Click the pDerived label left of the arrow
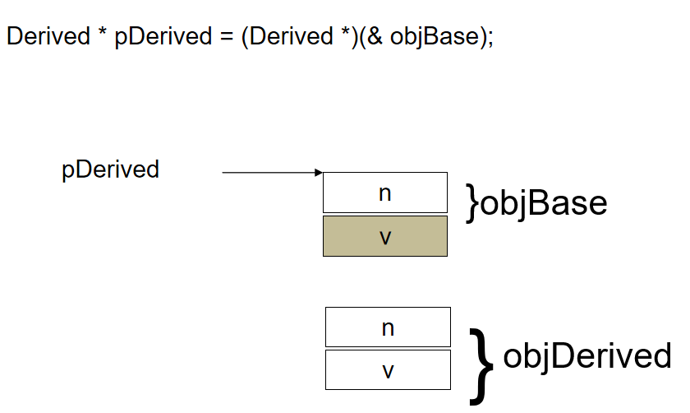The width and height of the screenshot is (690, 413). point(110,169)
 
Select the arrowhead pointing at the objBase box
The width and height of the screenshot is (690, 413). point(320,173)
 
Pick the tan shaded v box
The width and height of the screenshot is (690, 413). point(385,236)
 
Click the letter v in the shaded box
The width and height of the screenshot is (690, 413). point(385,237)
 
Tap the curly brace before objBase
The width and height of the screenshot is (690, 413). point(472,203)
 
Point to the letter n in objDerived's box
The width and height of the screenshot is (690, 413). point(388,328)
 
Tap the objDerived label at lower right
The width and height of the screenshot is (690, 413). point(586,356)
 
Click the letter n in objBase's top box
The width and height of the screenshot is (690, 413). point(385,193)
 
